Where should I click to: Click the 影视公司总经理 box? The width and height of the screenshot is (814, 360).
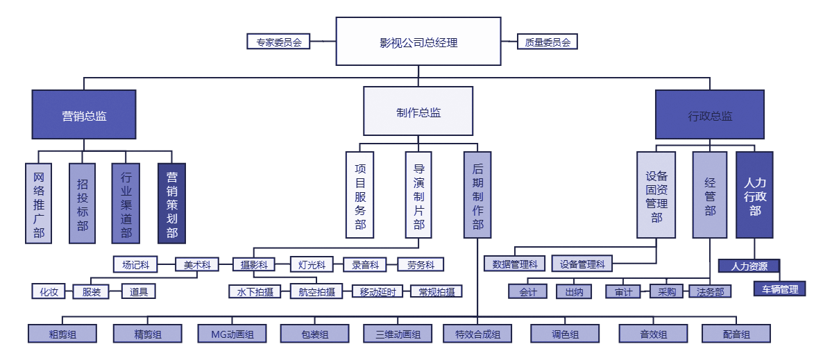pos(418,42)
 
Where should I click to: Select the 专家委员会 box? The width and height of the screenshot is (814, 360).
pos(278,42)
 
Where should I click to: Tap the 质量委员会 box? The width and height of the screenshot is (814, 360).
pos(547,42)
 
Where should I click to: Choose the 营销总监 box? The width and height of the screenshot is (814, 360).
pos(84,115)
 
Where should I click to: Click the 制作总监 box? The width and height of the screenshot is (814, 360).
pos(418,111)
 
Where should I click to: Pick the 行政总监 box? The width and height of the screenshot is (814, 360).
pos(710,115)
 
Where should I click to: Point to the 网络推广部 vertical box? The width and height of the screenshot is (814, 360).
pos(39,203)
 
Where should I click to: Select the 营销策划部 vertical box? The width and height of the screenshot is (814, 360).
pos(171,203)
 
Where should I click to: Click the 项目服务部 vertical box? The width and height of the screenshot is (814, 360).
pos(360,196)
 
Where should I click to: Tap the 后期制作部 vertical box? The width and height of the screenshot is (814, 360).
pos(477,196)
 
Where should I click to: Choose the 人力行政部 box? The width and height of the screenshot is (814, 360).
pos(754,196)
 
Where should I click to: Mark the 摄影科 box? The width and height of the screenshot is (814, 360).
pos(253,264)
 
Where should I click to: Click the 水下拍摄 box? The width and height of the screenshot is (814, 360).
pos(255,292)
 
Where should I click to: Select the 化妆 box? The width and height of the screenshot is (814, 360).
pos(49,292)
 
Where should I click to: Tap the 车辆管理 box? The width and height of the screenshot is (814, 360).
pos(780,289)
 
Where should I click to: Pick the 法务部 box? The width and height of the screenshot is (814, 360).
pos(710,292)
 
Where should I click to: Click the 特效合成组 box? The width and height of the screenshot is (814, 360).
pos(478,334)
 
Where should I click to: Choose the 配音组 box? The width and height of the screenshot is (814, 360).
pos(736,334)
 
